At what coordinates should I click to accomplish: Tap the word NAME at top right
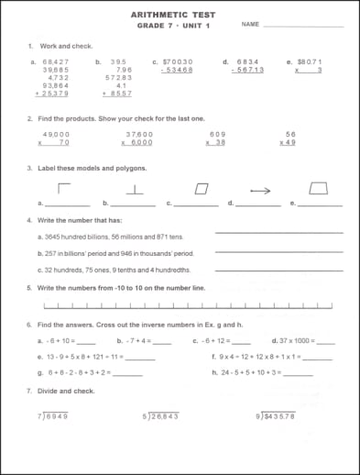click(x=251, y=26)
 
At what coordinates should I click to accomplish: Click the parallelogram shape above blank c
click(x=202, y=188)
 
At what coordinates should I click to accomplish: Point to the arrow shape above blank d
click(x=261, y=190)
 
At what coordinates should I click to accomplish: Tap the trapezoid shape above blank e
click(x=318, y=188)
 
